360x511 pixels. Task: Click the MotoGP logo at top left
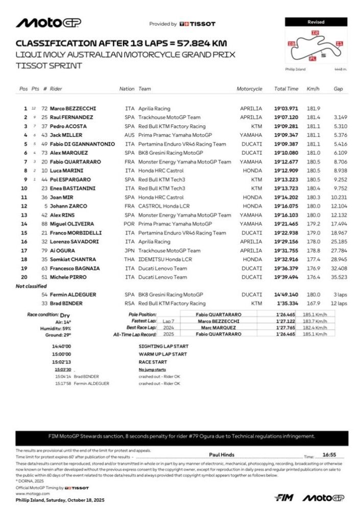coord(49,23)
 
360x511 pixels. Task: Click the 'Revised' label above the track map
coord(316,22)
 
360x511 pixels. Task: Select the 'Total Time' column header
coord(286,89)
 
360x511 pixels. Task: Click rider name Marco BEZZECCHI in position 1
coord(73,108)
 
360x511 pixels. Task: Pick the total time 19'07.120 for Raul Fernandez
coord(286,118)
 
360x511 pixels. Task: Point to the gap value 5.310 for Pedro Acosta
coord(340,126)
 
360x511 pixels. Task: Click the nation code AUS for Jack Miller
coord(130,135)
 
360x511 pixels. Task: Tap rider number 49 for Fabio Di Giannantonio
coord(44,144)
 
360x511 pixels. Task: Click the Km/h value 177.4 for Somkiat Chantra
coord(313,259)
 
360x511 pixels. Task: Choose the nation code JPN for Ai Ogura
coord(130,250)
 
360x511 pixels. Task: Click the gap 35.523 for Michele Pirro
coord(339,277)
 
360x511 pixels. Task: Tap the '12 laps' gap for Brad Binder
coord(339,304)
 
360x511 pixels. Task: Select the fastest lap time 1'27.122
coord(286,321)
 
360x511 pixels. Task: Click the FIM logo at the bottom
coord(284,497)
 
